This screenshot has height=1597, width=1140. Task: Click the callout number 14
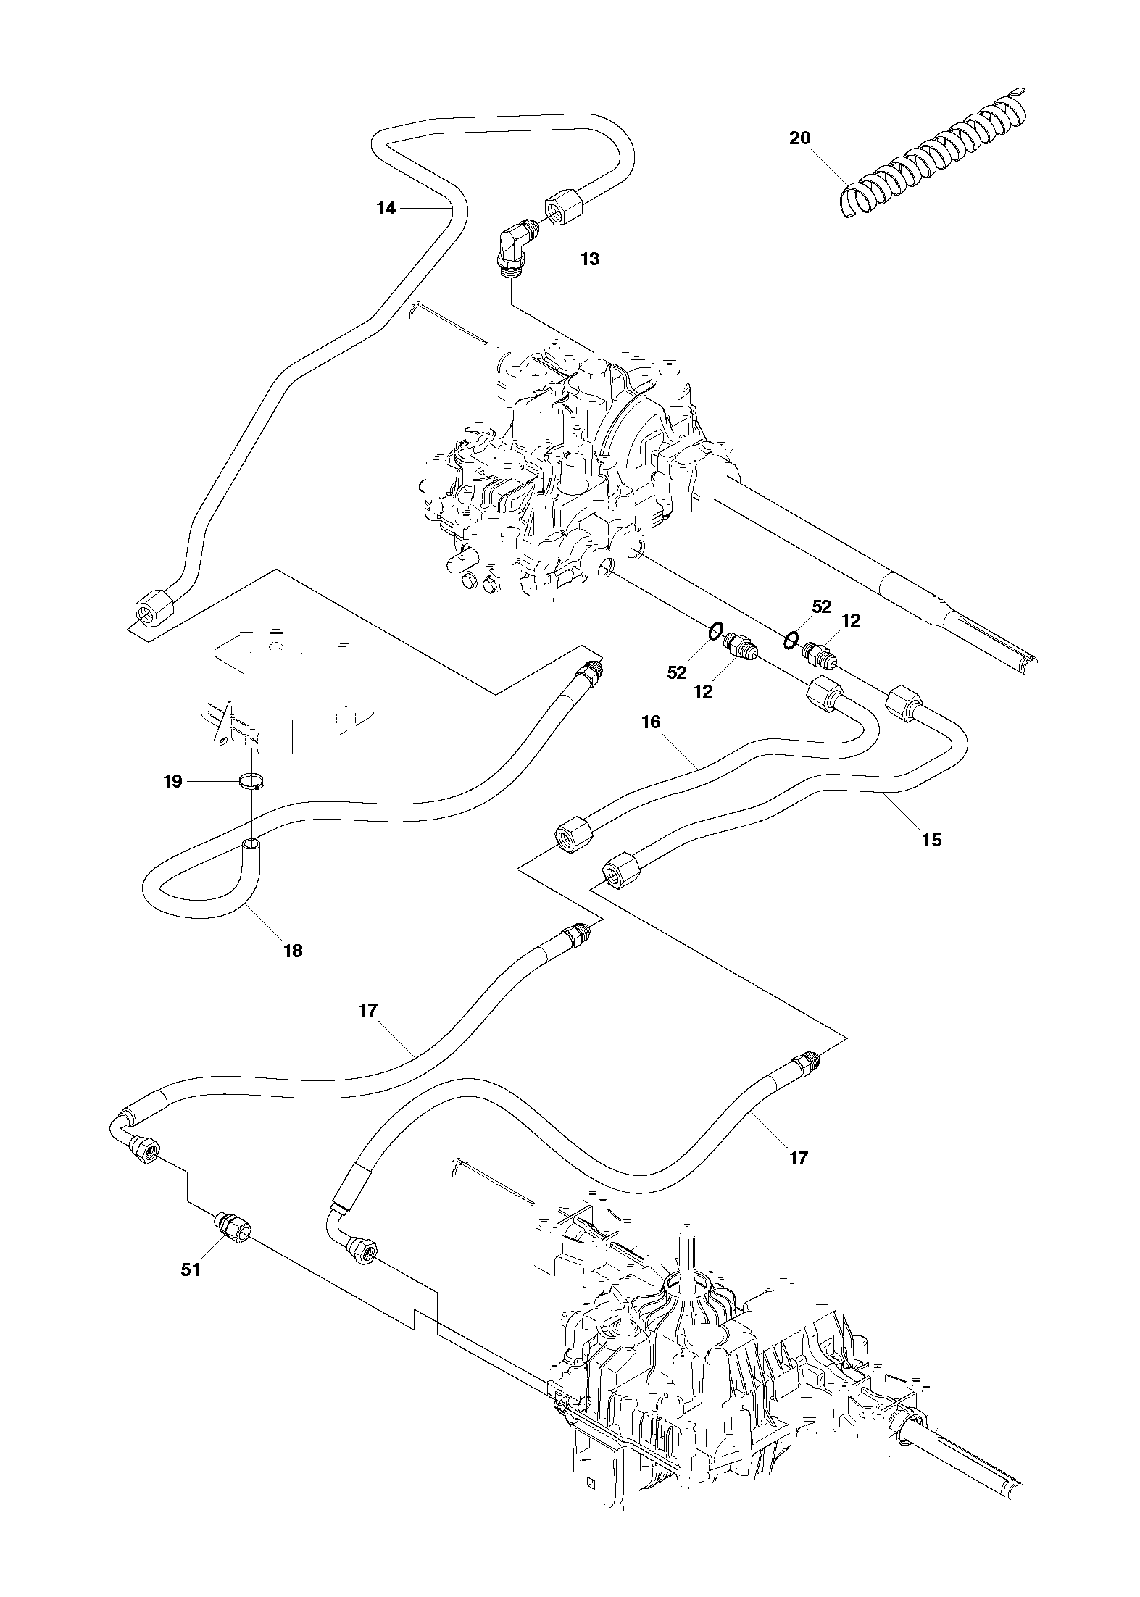(386, 209)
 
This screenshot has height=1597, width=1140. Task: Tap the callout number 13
(590, 259)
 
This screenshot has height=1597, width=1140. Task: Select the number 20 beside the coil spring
(799, 138)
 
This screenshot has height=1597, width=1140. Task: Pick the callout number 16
(651, 722)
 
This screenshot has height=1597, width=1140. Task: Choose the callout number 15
(932, 840)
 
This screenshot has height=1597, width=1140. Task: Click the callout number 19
(172, 782)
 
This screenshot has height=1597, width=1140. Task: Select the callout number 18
(293, 951)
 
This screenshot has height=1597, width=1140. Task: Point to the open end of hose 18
(250, 844)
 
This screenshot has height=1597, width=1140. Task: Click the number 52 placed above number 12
(821, 606)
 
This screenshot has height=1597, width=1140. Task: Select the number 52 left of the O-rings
(676, 672)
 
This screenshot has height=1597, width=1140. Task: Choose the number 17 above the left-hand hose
(368, 1010)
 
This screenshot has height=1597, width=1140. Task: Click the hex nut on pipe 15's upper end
(904, 701)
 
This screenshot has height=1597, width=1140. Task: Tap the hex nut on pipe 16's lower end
(573, 836)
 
